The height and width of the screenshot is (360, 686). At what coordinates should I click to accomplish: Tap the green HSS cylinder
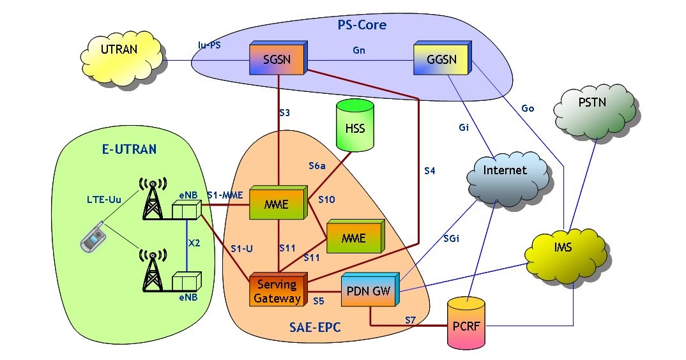pos(354,128)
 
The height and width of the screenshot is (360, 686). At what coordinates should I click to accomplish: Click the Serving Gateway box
pos(277,290)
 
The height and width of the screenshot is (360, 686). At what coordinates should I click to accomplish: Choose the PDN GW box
pos(370,291)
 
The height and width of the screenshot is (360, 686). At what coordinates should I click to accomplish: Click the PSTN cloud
pos(595,109)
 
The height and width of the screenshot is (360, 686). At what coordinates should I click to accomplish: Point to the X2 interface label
pos(194,243)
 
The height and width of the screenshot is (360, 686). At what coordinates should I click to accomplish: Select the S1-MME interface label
pos(225,195)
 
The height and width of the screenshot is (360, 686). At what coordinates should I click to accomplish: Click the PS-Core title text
pos(362,26)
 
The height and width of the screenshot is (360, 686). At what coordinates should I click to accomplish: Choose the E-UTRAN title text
pos(129,150)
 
